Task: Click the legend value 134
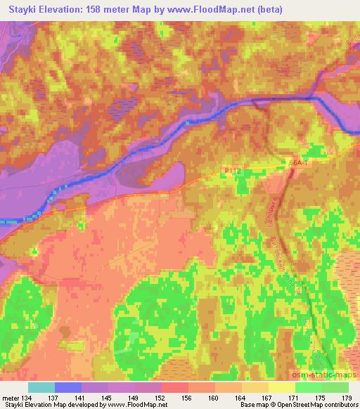coord(25,398)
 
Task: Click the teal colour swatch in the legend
coord(41,387)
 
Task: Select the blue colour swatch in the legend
coord(68,387)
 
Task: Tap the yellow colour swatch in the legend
coord(281,387)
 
